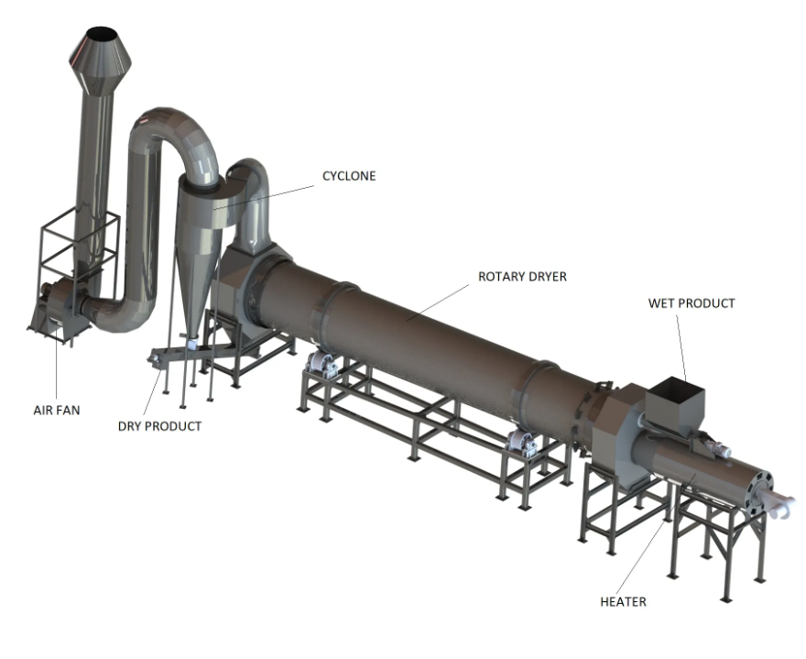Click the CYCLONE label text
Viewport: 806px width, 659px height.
(349, 176)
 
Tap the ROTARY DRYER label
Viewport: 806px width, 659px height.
(522, 277)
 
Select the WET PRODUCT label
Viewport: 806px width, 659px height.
(692, 303)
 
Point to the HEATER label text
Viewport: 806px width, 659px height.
(623, 601)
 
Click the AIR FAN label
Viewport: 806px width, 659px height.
(57, 410)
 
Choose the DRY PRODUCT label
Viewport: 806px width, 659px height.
(160, 426)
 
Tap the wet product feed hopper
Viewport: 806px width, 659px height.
(674, 400)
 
